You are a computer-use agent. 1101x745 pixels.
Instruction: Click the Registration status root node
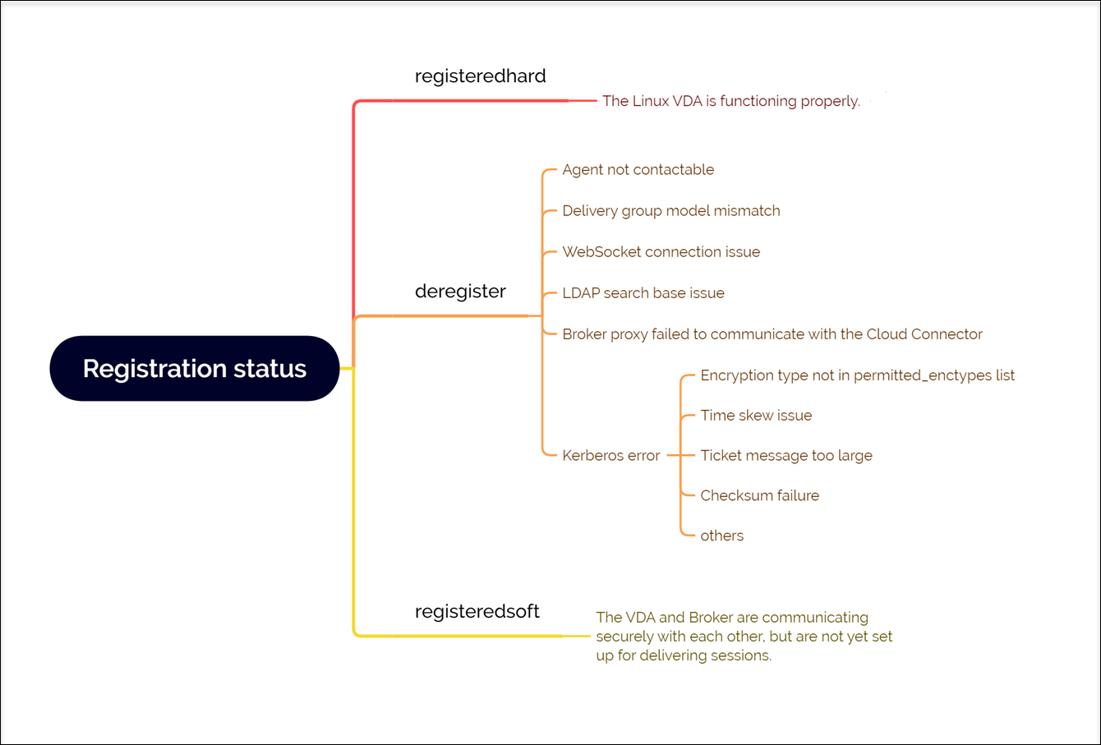195,369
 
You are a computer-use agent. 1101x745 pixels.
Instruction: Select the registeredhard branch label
480,76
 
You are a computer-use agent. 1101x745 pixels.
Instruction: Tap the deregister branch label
460,292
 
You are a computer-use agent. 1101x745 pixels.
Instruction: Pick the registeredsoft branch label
477,611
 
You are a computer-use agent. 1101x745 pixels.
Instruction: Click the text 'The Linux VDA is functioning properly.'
730,101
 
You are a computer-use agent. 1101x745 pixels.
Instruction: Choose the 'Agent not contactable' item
638,170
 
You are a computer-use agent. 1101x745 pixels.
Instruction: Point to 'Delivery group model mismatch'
670,211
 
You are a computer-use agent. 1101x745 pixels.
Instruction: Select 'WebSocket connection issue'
661,252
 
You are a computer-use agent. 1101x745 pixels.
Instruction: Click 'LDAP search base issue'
643,293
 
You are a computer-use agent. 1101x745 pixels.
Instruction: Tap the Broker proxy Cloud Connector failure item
772,334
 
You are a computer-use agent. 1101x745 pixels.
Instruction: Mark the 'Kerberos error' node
610,456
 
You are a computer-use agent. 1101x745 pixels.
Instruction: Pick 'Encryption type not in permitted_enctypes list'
857,375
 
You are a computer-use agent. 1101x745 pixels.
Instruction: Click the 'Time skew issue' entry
756,416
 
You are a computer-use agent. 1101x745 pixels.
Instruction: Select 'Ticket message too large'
785,456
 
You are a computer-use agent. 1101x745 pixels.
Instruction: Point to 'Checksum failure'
759,496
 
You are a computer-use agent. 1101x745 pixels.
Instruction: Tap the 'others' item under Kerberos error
721,536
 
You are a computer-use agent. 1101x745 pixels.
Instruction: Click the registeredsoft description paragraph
744,637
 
